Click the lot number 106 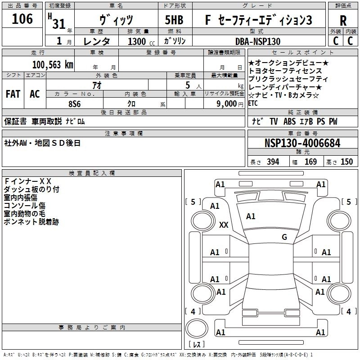point(22,19)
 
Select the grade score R point(343,21)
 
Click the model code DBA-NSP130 point(258,41)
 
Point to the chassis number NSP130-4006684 point(302,143)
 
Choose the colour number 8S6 point(74,103)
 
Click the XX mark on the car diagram point(224,225)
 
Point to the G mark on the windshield point(284,237)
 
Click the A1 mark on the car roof point(251,216)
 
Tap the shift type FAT point(13,94)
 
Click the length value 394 point(273,162)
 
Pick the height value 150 point(346,162)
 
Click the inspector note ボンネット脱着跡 point(31,222)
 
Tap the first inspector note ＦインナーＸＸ point(27,181)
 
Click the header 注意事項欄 point(123,133)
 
